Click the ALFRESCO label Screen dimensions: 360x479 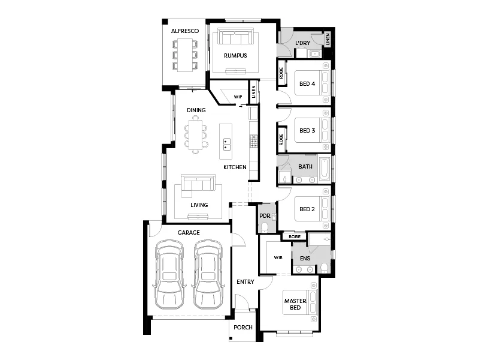pyautogui.click(x=184, y=31)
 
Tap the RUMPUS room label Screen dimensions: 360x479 pyautogui.click(x=236, y=56)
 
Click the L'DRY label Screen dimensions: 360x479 pyautogui.click(x=302, y=43)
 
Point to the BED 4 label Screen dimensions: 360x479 pyautogui.click(x=307, y=83)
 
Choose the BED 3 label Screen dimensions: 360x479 pyautogui.click(x=307, y=130)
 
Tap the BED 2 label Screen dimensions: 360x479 pyautogui.click(x=307, y=209)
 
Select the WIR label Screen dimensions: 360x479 pyautogui.click(x=278, y=257)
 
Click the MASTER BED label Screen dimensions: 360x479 pyautogui.click(x=295, y=304)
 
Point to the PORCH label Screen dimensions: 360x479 pyautogui.click(x=244, y=327)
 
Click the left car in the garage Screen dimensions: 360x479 pyautogui.click(x=169, y=275)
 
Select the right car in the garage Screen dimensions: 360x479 pyautogui.click(x=208, y=275)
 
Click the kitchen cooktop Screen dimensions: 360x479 pyautogui.click(x=254, y=142)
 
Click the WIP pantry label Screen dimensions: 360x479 pyautogui.click(x=238, y=96)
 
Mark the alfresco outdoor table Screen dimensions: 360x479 pyautogui.click(x=184, y=55)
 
